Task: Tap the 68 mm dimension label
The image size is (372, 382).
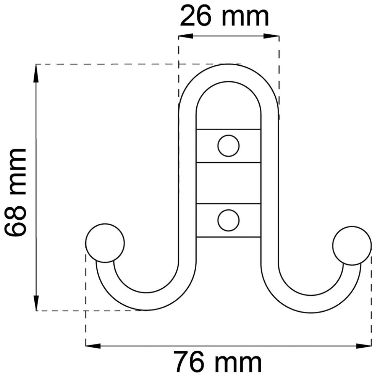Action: pyautogui.click(x=16, y=193)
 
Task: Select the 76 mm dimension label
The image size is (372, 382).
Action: pyautogui.click(x=218, y=363)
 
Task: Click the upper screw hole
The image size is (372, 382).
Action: pyautogui.click(x=228, y=146)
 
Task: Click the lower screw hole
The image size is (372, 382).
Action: pyautogui.click(x=228, y=220)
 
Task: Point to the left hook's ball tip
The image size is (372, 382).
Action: pyautogui.click(x=105, y=243)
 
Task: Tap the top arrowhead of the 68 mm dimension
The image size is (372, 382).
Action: pyautogui.click(x=36, y=73)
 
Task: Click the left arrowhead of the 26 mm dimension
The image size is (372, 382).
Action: pyautogui.click(x=186, y=36)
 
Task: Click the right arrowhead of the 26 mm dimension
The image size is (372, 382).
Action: pyautogui.click(x=272, y=36)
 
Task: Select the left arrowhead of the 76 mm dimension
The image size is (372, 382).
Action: pyautogui.click(x=94, y=346)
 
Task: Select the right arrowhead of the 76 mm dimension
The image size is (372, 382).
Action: pyautogui.click(x=363, y=346)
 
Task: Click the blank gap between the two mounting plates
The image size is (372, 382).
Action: pyautogui.click(x=228, y=183)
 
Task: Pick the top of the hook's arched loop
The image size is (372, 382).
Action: pyautogui.click(x=229, y=73)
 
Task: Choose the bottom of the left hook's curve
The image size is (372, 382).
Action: pyautogui.click(x=146, y=301)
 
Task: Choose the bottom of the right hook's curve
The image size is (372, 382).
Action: pyautogui.click(x=311, y=304)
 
